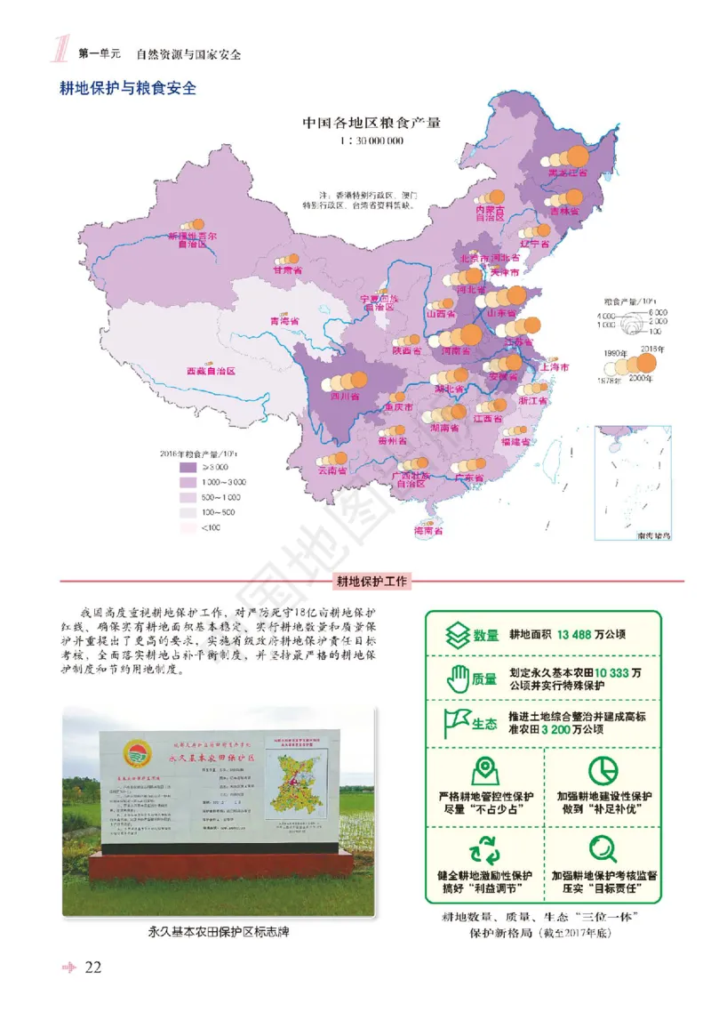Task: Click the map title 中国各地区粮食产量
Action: (x=371, y=123)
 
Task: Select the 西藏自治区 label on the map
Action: (x=211, y=371)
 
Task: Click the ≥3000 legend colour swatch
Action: (x=188, y=467)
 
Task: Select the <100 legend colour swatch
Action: (x=188, y=527)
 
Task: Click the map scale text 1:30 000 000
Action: (x=371, y=141)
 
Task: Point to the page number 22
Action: (x=93, y=968)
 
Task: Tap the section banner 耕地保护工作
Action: (x=371, y=582)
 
